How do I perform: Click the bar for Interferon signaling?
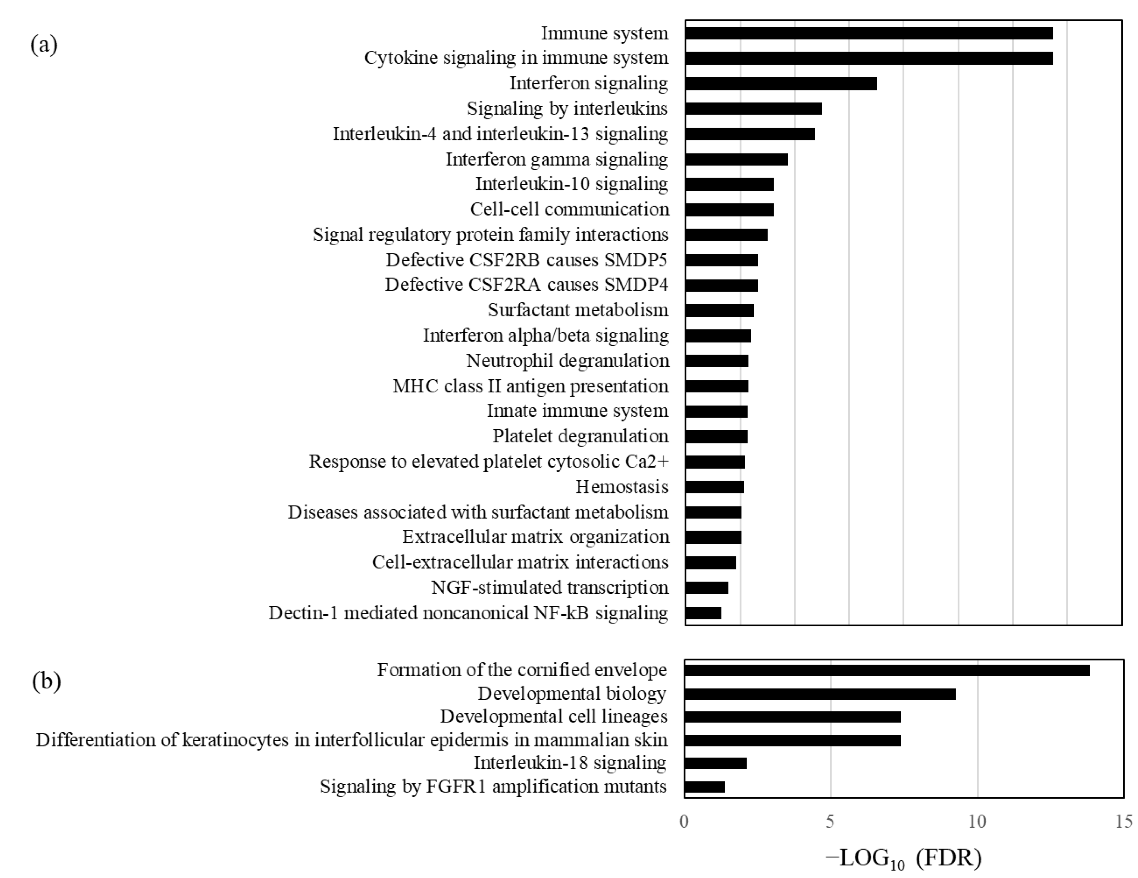point(781,83)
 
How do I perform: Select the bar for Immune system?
point(868,33)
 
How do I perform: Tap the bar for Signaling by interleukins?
point(753,108)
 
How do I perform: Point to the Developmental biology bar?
point(820,694)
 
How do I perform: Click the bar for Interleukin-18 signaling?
point(715,763)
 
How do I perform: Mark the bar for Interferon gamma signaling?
point(736,160)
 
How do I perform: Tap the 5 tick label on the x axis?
point(830,822)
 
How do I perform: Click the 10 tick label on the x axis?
point(977,822)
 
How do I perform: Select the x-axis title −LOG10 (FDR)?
point(904,858)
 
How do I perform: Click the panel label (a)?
point(44,45)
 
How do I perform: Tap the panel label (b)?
point(46,681)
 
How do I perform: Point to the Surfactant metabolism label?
point(578,310)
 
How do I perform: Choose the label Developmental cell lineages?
point(553,716)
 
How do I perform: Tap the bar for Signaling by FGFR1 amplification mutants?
point(704,787)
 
